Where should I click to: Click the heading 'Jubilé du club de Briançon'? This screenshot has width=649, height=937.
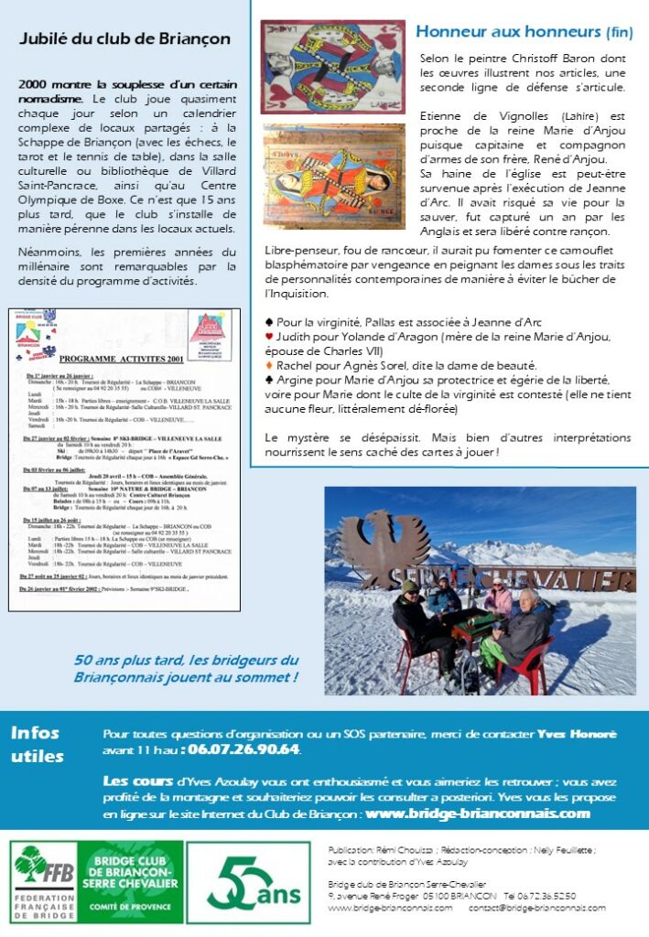click(x=124, y=39)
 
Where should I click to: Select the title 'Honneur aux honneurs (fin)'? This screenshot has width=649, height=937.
click(x=524, y=32)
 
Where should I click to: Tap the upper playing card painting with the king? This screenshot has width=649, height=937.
click(x=332, y=68)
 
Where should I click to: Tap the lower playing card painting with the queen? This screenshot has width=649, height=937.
click(x=334, y=177)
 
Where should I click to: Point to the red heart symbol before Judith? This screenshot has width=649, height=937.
click(x=269, y=337)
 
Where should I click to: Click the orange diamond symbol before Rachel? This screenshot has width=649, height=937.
click(x=269, y=365)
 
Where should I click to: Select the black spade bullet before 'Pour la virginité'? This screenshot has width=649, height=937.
click(x=269, y=323)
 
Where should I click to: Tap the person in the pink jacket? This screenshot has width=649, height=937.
click(x=499, y=598)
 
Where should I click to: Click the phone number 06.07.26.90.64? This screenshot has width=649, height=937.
click(x=243, y=750)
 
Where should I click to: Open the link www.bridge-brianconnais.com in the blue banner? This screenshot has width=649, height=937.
click(x=477, y=813)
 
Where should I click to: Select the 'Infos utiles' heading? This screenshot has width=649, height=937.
click(x=37, y=745)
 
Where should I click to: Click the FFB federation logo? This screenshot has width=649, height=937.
click(x=43, y=882)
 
